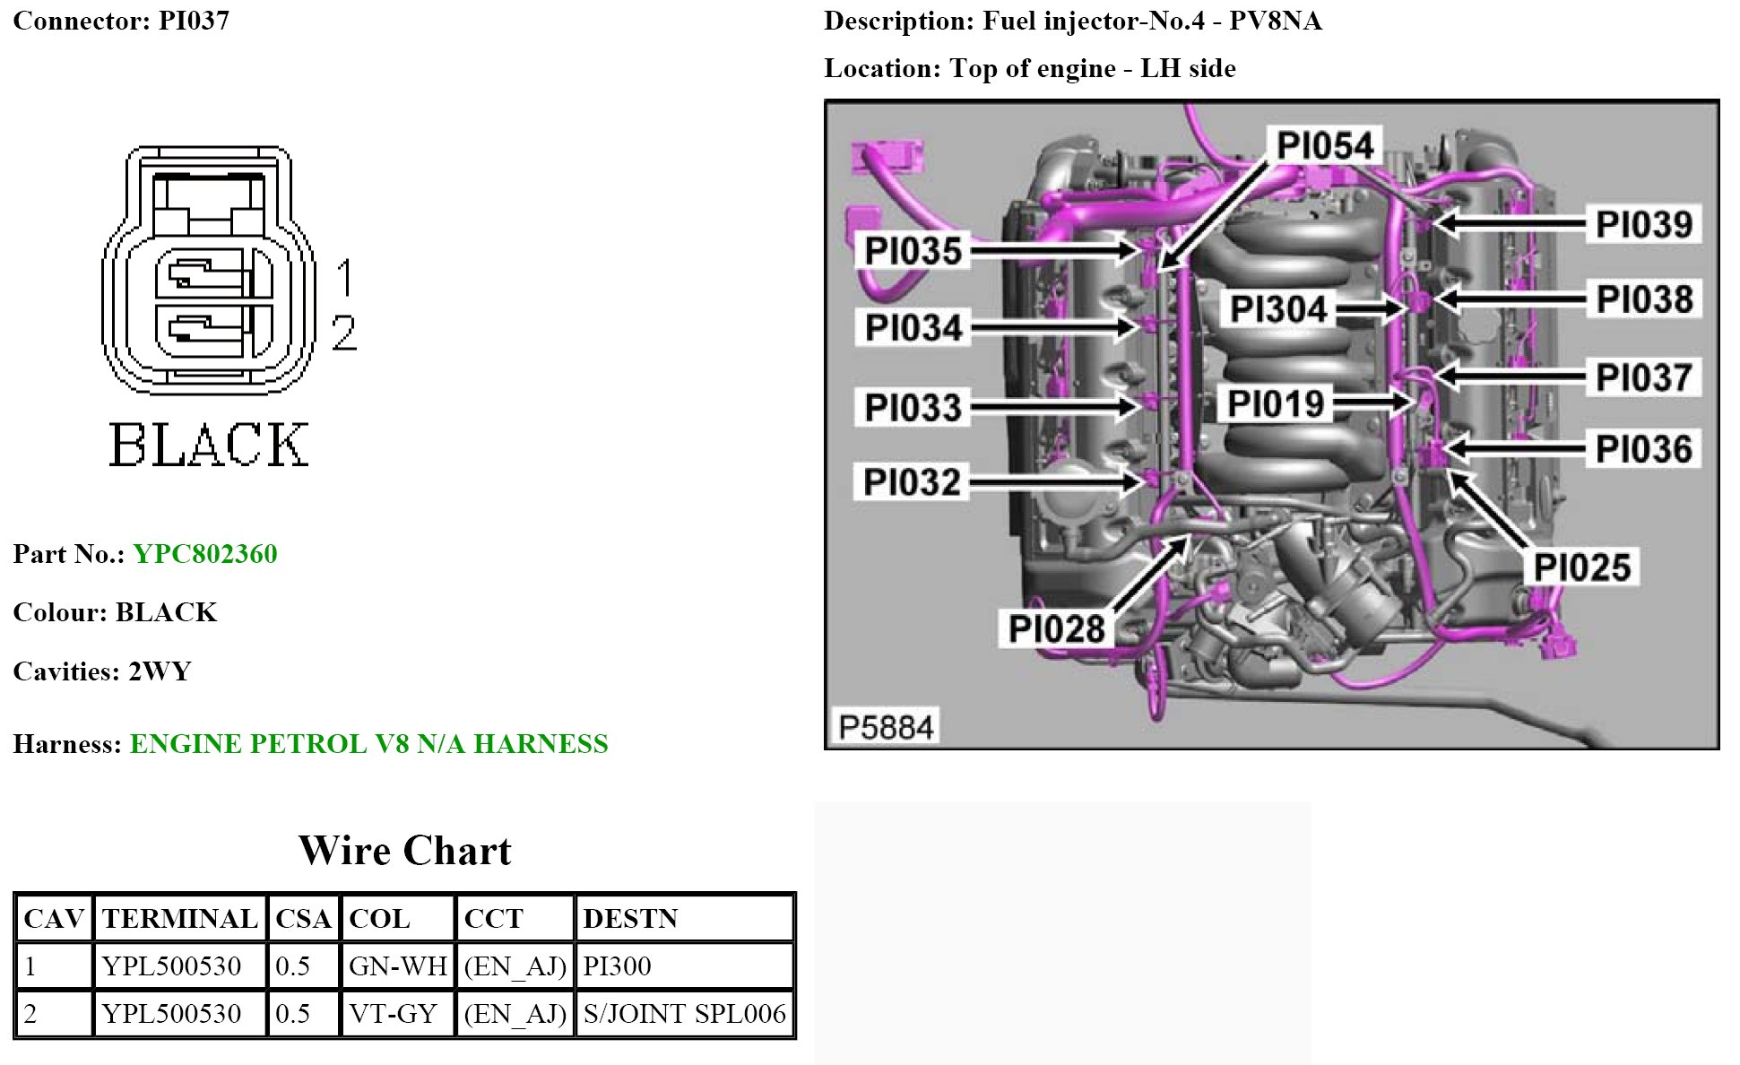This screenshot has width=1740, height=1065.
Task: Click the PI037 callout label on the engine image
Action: [1643, 377]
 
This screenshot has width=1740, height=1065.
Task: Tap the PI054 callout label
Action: [1324, 145]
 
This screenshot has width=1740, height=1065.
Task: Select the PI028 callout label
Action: [1056, 628]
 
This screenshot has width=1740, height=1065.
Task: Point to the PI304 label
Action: [1277, 309]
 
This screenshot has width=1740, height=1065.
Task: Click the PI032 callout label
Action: [912, 482]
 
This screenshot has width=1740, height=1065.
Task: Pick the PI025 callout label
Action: [1581, 567]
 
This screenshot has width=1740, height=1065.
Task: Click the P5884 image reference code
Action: [886, 727]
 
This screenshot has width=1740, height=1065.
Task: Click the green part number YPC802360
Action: [205, 554]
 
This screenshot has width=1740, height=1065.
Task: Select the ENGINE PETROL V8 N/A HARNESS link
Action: [368, 744]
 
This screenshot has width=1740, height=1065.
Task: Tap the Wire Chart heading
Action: [404, 851]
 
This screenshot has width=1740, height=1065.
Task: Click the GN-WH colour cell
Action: [397, 966]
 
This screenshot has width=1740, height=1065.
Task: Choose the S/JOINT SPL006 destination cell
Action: [684, 1014]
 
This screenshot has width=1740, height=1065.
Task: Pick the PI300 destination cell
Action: [617, 966]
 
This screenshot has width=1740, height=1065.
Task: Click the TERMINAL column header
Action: [179, 919]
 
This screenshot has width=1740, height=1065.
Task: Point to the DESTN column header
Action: [630, 919]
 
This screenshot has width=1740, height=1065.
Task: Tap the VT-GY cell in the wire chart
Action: [393, 1014]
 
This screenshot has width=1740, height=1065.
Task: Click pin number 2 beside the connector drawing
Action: [344, 333]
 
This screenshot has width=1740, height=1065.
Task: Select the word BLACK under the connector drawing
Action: [208, 445]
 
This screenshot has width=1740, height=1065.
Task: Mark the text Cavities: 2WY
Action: [102, 671]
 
